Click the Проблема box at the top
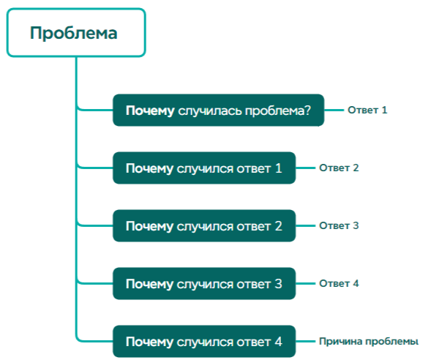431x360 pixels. pyautogui.click(x=76, y=33)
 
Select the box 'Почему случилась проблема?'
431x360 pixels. pyautogui.click(x=218, y=110)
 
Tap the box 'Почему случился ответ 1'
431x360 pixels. pyautogui.click(x=203, y=168)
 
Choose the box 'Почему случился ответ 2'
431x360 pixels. pyautogui.click(x=203, y=226)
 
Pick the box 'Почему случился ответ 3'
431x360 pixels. pyautogui.click(x=203, y=284)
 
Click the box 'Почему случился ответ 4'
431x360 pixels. pyautogui.click(x=203, y=342)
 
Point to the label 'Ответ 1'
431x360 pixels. pyautogui.click(x=367, y=110)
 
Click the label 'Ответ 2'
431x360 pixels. pyautogui.click(x=339, y=168)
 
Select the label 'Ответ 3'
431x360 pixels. pyautogui.click(x=339, y=226)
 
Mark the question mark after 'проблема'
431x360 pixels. pyautogui.click(x=307, y=110)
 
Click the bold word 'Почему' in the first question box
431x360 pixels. pyautogui.click(x=149, y=110)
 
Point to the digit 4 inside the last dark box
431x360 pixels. pyautogui.click(x=278, y=342)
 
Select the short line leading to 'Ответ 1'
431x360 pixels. pyautogui.click(x=334, y=110)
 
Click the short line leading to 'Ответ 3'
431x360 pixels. pyautogui.click(x=305, y=226)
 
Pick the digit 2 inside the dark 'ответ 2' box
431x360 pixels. pyautogui.click(x=278, y=226)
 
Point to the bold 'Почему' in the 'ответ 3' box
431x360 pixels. pyautogui.click(x=149, y=284)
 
